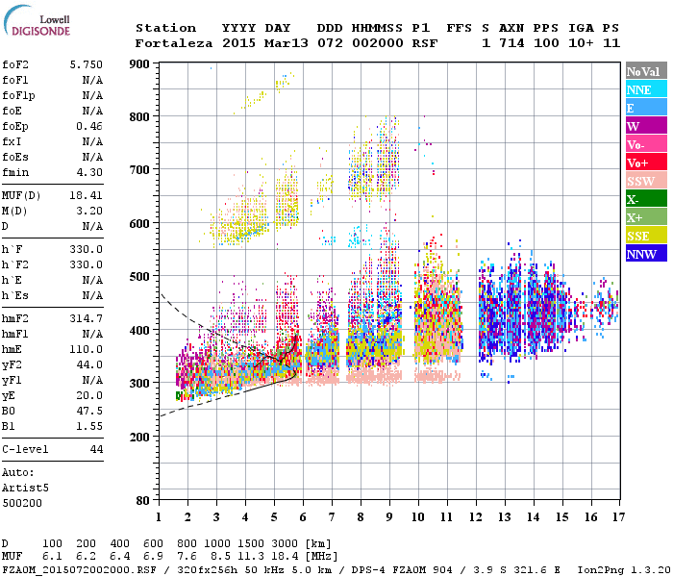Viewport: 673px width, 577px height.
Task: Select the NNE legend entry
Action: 646,89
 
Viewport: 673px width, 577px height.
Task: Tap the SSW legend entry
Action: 646,181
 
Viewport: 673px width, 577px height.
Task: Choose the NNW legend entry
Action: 646,254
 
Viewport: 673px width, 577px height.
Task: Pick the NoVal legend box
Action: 646,71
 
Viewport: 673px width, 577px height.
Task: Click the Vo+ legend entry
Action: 646,163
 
